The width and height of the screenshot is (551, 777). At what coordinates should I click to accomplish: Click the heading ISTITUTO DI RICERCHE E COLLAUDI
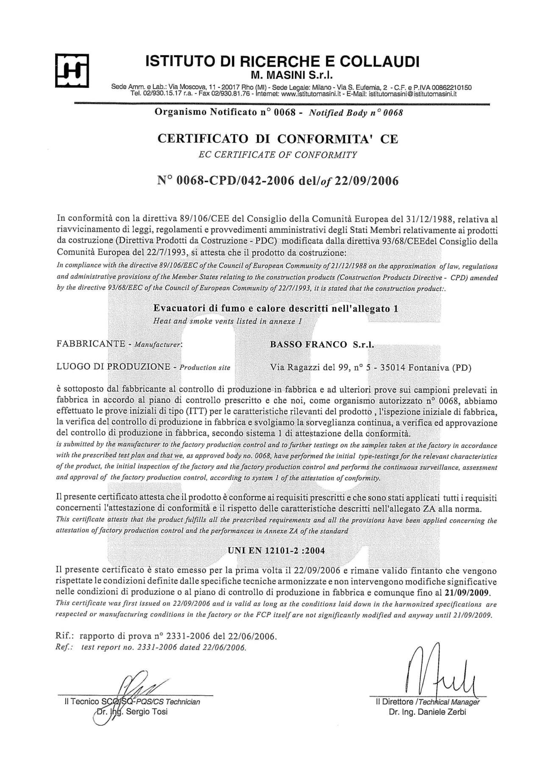pos(282,62)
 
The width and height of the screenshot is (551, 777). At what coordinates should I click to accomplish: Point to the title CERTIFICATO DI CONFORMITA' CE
pos(278,139)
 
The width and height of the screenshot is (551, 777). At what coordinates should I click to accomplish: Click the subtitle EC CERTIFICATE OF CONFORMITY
pos(278,155)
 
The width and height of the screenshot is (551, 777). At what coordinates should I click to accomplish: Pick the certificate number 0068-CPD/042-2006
pos(235,181)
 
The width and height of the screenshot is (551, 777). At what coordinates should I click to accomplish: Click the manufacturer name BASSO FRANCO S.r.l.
pos(322,345)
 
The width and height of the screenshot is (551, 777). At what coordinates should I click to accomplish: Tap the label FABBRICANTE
pos(91,344)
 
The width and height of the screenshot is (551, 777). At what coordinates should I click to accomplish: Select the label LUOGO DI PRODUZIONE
pos(113,367)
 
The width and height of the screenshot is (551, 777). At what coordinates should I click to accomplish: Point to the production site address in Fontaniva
pos(370,368)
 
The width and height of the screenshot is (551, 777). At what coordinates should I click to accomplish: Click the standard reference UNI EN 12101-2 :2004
pos(276,551)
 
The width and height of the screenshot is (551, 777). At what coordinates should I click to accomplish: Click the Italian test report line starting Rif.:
pos(166,636)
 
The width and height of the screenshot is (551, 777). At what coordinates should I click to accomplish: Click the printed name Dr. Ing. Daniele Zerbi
pos(427,713)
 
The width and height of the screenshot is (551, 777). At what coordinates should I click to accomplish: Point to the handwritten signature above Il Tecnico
pos(136,685)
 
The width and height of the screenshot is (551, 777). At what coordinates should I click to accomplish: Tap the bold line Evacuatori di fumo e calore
pos(275,308)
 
